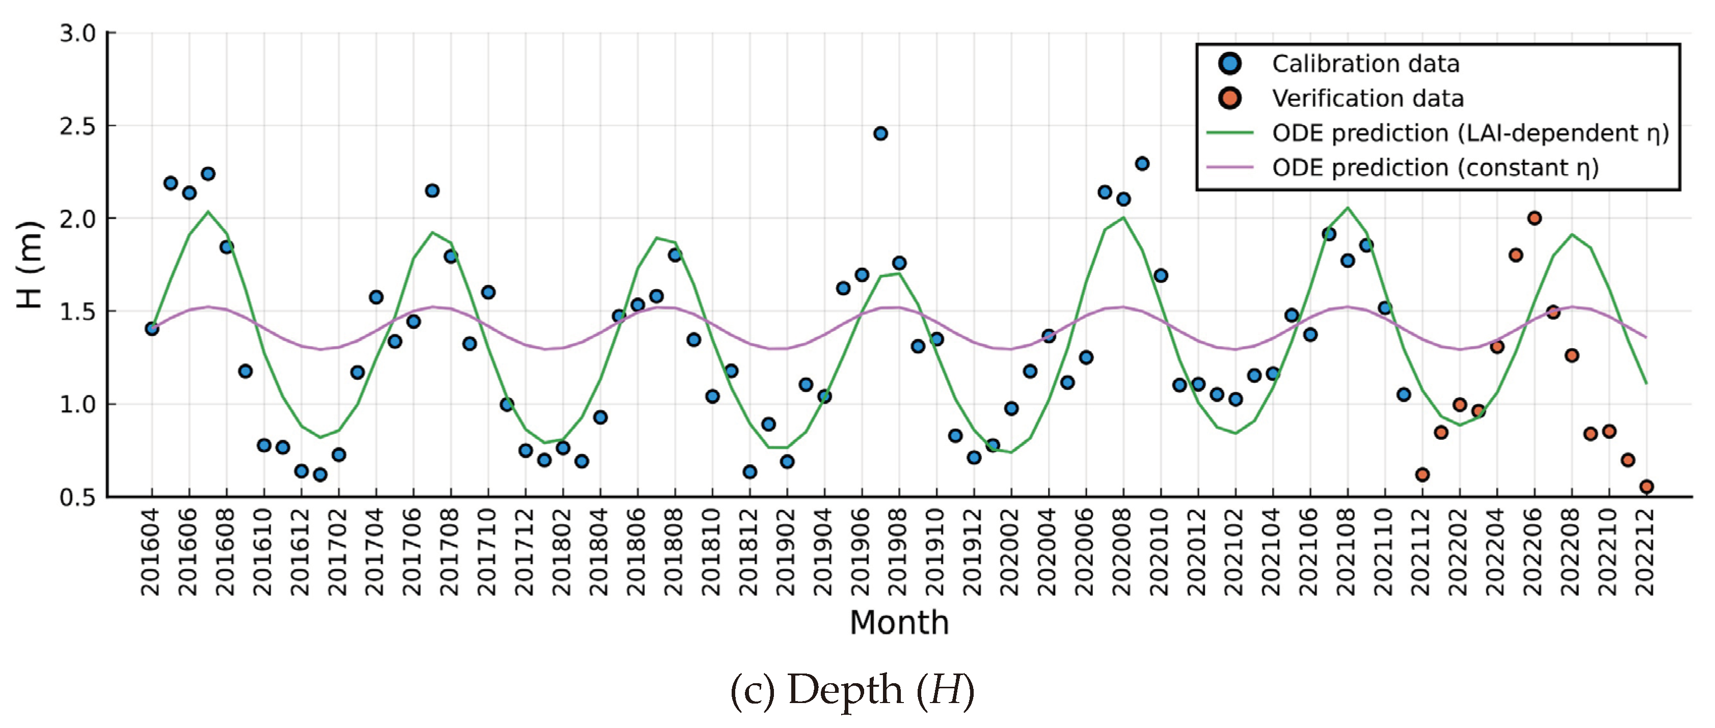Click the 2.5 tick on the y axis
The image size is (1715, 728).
pyautogui.click(x=78, y=126)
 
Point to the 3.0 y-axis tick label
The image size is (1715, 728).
pyautogui.click(x=78, y=33)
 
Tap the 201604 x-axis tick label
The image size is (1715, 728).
pyautogui.click(x=151, y=552)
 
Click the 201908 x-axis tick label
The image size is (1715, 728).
pyautogui.click(x=899, y=552)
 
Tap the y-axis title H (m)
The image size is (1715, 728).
pyautogui.click(x=31, y=264)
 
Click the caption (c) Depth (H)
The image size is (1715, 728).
pyautogui.click(x=852, y=690)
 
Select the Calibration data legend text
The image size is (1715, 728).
pyautogui.click(x=1365, y=64)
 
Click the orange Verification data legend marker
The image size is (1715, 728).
pyautogui.click(x=1229, y=98)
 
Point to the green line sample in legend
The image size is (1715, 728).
pyautogui.click(x=1229, y=133)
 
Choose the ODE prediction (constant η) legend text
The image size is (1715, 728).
pyautogui.click(x=1435, y=167)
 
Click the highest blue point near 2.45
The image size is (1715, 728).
pyautogui.click(x=880, y=134)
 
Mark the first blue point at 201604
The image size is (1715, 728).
pyautogui.click(x=152, y=329)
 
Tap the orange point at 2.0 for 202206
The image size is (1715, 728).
pyautogui.click(x=1534, y=218)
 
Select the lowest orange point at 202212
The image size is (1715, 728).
pyautogui.click(x=1646, y=487)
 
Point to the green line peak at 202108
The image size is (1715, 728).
pyautogui.click(x=1348, y=208)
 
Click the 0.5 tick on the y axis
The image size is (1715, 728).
pyautogui.click(x=78, y=497)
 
